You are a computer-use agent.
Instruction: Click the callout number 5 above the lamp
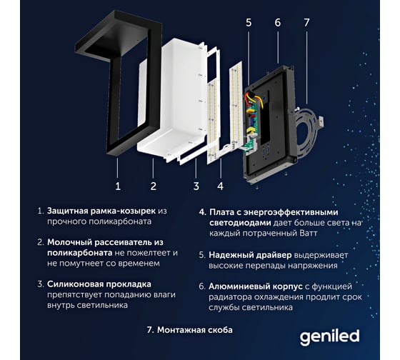(249, 22)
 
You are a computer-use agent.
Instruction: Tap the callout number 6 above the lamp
(278, 22)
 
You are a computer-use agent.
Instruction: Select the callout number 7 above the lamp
(306, 22)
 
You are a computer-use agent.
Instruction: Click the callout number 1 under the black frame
(118, 186)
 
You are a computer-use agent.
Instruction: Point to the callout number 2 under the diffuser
(153, 186)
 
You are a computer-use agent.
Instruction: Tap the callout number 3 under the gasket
(196, 186)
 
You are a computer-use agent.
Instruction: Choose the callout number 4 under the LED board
(221, 186)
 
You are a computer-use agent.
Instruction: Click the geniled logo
(329, 336)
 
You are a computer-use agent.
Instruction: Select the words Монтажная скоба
(194, 330)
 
